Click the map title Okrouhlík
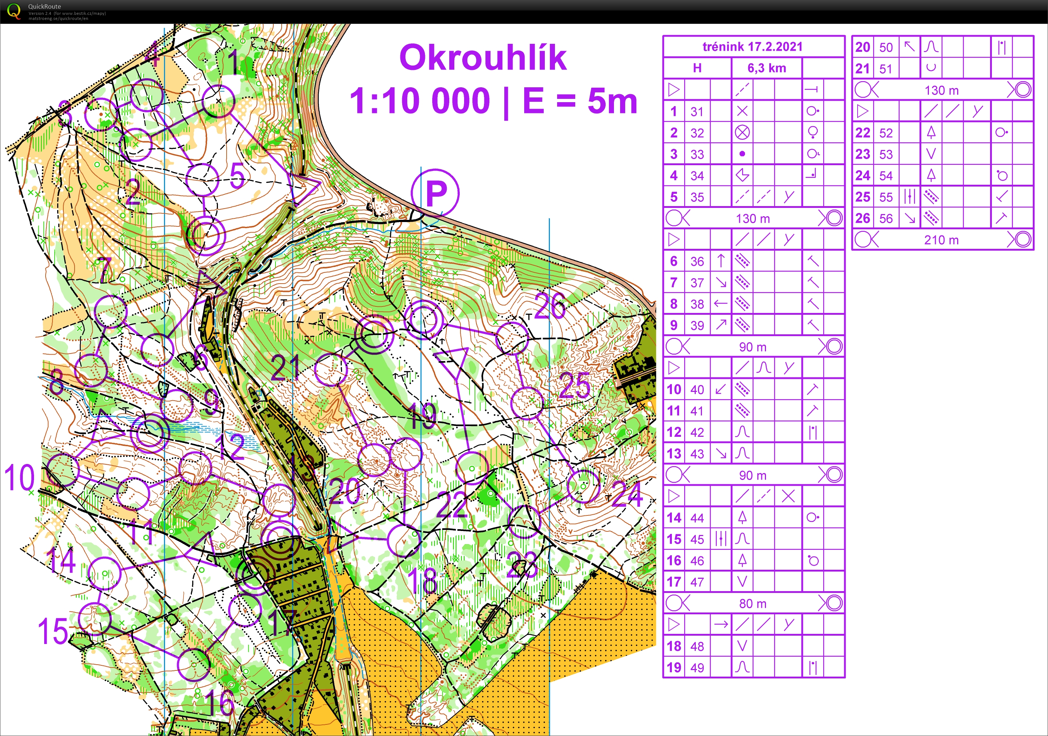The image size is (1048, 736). tap(483, 58)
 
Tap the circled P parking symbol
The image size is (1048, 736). tap(435, 193)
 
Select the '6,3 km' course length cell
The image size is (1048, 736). tap(766, 68)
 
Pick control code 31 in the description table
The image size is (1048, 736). tap(697, 112)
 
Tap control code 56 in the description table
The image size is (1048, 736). tap(885, 219)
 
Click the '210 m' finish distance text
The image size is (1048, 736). tap(941, 240)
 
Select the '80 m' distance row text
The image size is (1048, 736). tap(753, 603)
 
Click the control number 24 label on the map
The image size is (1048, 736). tap(627, 494)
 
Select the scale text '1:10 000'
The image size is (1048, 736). tap(420, 101)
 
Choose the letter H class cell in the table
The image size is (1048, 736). tap(697, 68)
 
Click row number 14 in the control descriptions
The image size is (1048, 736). tap(674, 518)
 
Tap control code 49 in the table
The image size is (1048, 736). tap(697, 668)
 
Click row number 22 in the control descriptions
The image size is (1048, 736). tap(862, 133)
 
